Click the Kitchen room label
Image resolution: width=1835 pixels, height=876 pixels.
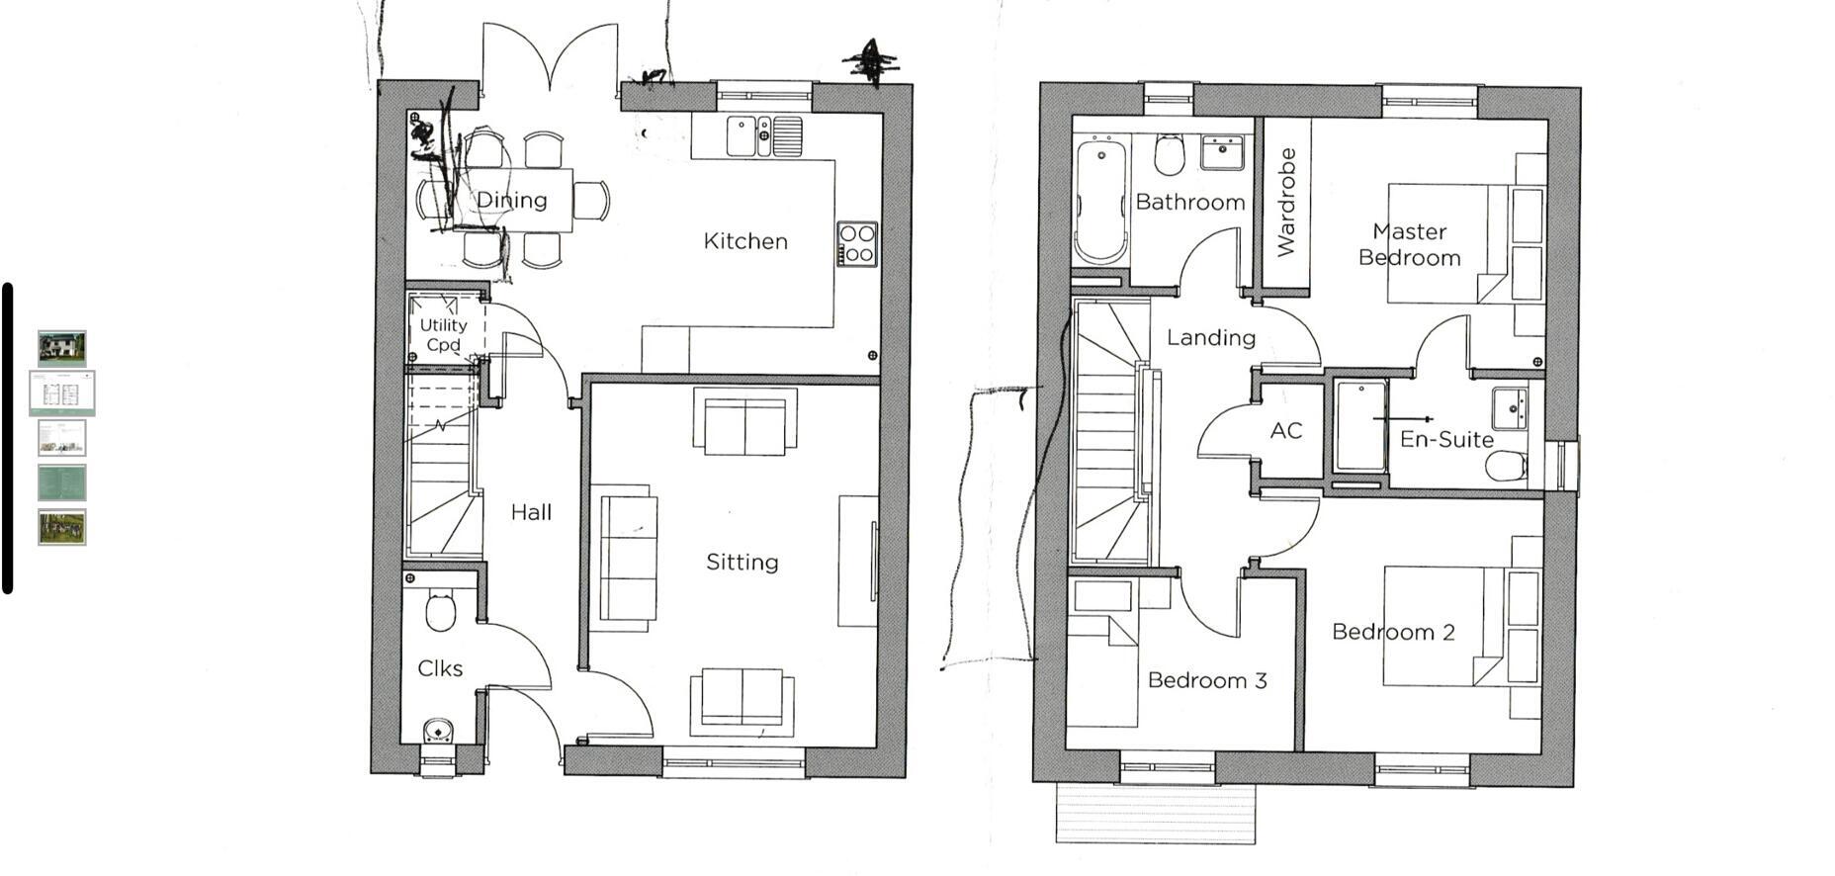coord(745,241)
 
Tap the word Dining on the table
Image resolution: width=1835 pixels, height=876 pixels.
coord(511,200)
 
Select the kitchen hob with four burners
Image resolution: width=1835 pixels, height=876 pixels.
coord(856,243)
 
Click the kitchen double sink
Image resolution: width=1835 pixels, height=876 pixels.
coord(764,136)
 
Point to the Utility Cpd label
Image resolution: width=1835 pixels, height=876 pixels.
coord(443,334)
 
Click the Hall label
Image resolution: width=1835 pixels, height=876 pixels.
coord(531,512)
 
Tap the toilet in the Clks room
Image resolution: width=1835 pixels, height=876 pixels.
coord(440,610)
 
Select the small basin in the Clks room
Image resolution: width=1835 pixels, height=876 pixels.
coord(438,732)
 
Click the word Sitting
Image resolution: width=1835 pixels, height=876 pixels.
coord(742,563)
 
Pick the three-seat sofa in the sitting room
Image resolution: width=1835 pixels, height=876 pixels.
coord(628,559)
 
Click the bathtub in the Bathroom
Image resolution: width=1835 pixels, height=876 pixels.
coord(1100,203)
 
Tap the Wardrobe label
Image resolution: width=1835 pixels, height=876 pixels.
coord(1286,203)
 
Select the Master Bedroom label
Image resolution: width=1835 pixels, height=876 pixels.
coord(1409,244)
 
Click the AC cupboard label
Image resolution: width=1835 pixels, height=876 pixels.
coord(1285,431)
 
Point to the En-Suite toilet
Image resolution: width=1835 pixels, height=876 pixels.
coord(1506,465)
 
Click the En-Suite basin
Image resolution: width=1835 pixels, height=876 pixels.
coord(1510,406)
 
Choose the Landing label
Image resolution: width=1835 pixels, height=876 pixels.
coord(1210,338)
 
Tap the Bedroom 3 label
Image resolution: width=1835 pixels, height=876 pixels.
coord(1207,680)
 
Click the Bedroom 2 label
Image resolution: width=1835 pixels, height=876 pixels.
coord(1393,632)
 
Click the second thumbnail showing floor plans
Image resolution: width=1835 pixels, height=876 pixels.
coord(62,394)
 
